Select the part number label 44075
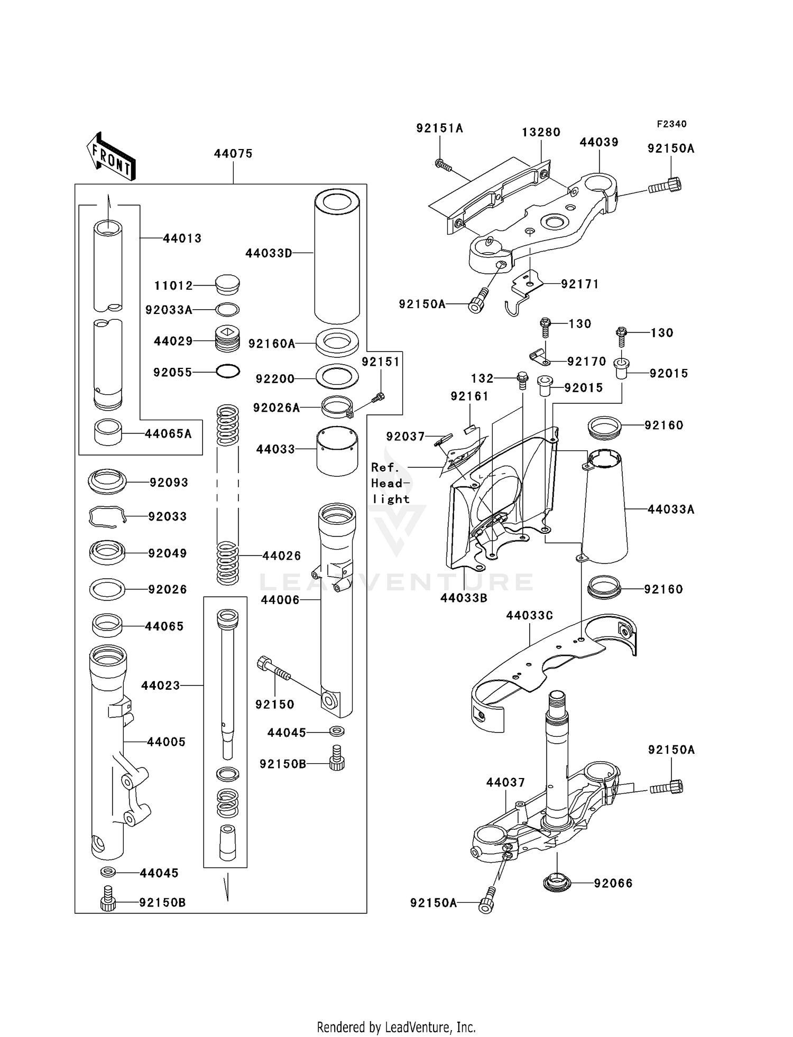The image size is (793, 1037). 233,154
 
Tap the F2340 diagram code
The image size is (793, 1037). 671,124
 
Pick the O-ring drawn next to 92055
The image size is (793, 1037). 228,372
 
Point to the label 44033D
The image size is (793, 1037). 269,253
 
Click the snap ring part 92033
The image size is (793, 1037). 107,516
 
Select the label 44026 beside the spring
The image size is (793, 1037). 282,555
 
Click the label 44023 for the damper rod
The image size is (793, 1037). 160,686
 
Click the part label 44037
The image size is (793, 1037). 505,782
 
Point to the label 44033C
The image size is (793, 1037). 529,615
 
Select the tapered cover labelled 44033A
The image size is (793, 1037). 604,507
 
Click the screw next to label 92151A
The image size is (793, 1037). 443,165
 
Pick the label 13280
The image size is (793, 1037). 541,132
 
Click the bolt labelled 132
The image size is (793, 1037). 522,379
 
